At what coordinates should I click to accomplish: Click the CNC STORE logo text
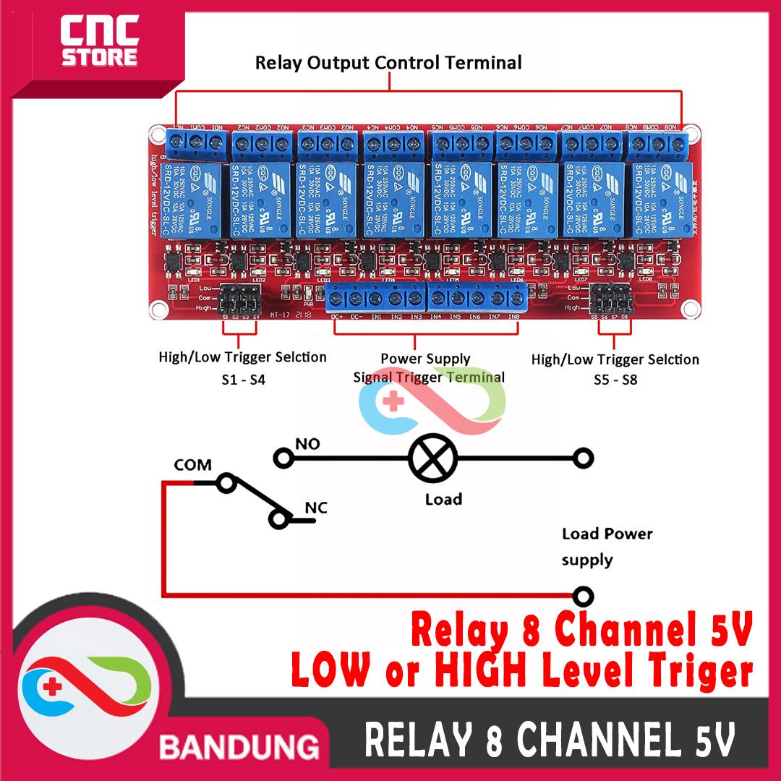pyautogui.click(x=99, y=42)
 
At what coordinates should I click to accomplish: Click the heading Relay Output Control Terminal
pyautogui.click(x=388, y=63)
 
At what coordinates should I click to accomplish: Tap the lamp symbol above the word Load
pyautogui.click(x=433, y=458)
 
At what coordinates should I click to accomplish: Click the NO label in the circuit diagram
pyautogui.click(x=307, y=443)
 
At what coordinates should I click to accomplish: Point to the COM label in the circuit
pyautogui.click(x=192, y=465)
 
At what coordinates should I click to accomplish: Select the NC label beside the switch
pyautogui.click(x=316, y=508)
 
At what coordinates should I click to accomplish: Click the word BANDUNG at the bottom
pyautogui.click(x=239, y=746)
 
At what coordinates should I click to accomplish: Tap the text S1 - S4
pyautogui.click(x=243, y=379)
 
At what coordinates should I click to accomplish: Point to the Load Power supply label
pyautogui.click(x=606, y=547)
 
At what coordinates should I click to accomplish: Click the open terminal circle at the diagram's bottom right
pyautogui.click(x=583, y=597)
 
